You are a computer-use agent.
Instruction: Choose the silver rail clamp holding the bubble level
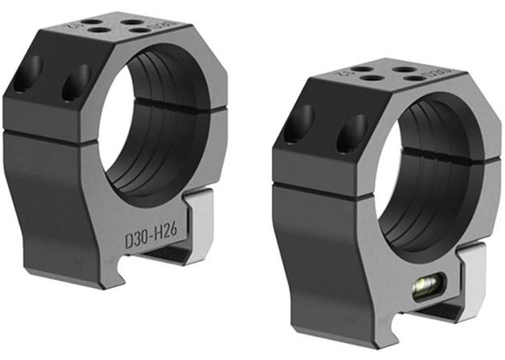click(473, 282)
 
